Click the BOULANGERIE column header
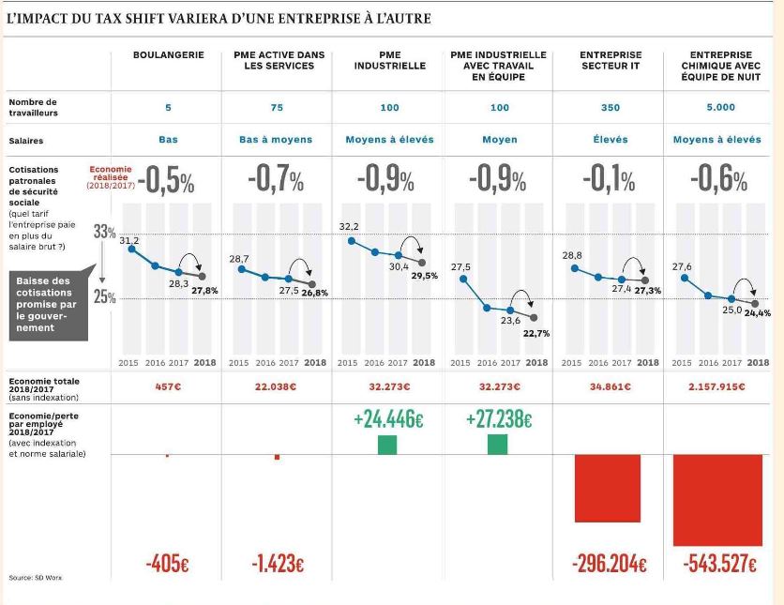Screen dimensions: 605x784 tap(168, 55)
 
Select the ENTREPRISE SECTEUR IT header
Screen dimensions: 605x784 tap(610, 61)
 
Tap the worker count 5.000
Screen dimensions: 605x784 tap(720, 108)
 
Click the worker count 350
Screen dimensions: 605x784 tap(610, 108)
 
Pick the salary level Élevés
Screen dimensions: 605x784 tap(610, 140)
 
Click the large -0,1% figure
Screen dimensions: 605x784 tap(609, 180)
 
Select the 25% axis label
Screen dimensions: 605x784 tap(103, 298)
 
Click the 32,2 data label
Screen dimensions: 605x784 tap(349, 227)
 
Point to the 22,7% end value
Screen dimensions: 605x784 tap(536, 333)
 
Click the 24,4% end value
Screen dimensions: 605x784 tap(757, 313)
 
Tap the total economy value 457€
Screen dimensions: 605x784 tap(168, 386)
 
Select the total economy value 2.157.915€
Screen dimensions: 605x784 tap(719, 386)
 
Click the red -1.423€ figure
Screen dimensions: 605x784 tap(277, 566)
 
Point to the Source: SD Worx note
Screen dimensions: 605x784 tap(34, 578)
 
